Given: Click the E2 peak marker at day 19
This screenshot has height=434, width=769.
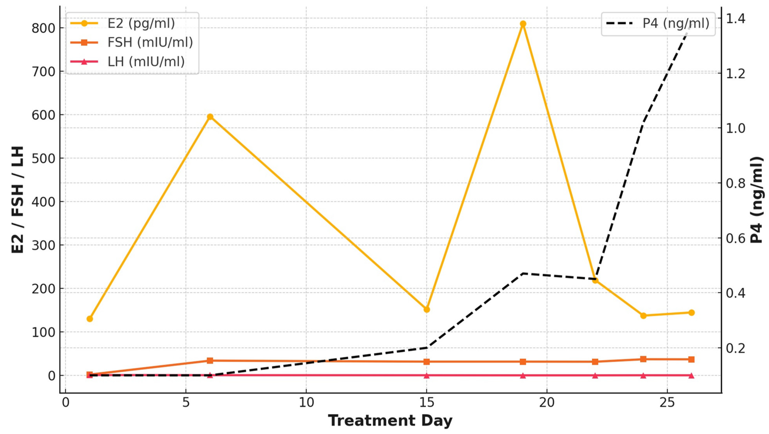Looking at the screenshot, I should point(523,24).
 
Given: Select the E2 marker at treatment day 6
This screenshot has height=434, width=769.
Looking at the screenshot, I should point(210,117).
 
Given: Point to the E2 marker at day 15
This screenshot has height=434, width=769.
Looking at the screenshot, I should point(427,310).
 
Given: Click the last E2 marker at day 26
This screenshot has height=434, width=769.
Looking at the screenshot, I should point(691,312).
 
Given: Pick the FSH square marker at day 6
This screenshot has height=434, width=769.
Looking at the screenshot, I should point(210,361).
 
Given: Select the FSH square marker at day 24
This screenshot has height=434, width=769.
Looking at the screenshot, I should point(643,359).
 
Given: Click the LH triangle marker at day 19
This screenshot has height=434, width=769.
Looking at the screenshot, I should point(523,375).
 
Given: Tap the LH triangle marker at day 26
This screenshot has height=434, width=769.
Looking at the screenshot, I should point(691,375).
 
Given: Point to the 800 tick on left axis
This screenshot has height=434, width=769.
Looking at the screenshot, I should point(44,28).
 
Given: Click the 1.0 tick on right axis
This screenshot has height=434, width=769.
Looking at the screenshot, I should point(735,128).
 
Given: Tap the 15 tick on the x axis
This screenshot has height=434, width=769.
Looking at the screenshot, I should point(427,403).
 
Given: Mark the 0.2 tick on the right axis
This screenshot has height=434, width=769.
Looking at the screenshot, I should point(735,348).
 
